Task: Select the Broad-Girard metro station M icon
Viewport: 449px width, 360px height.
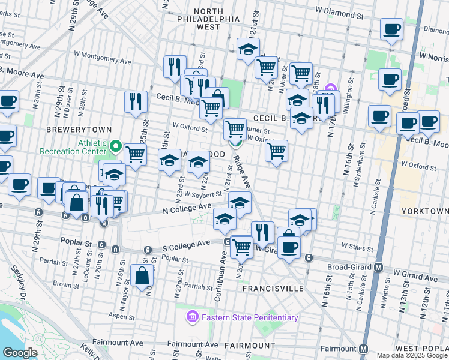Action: [x=379, y=267]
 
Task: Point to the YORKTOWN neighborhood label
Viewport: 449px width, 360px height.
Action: [x=427, y=211]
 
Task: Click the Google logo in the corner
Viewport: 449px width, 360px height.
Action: [x=20, y=353]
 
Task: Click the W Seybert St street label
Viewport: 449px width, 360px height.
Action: [x=203, y=194]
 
